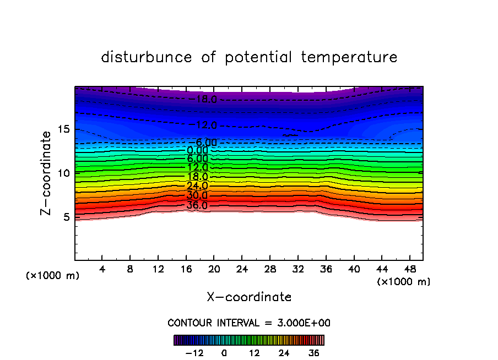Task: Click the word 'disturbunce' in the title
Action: click(x=147, y=57)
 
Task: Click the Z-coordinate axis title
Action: click(x=47, y=173)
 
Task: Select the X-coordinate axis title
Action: click(x=249, y=297)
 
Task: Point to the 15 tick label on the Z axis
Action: click(x=64, y=129)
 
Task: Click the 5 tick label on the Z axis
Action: click(x=67, y=217)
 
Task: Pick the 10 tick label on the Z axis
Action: click(x=64, y=173)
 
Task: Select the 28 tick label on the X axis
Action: click(x=269, y=270)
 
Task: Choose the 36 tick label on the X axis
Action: click(x=325, y=270)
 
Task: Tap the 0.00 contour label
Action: click(x=197, y=150)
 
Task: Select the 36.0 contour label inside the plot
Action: click(x=197, y=205)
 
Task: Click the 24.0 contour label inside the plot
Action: click(x=197, y=186)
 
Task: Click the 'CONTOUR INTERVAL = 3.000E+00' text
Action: click(x=249, y=323)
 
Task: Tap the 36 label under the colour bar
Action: click(x=313, y=353)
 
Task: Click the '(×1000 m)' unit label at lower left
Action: click(x=53, y=276)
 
